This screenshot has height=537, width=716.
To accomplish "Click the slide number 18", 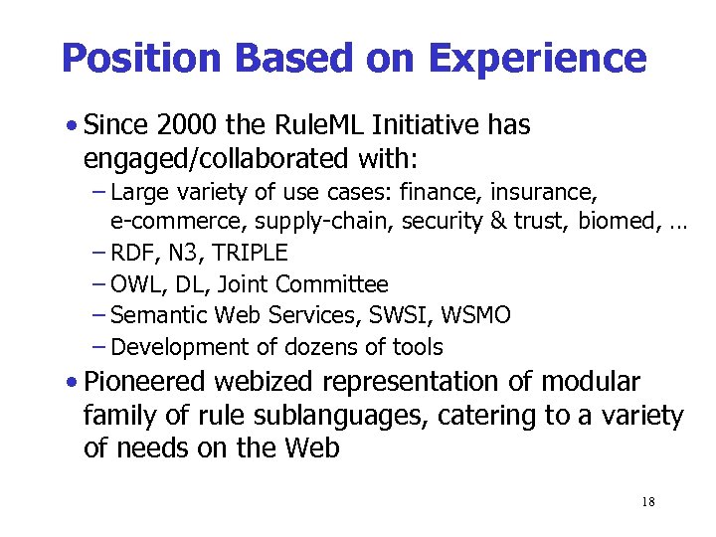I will tap(648, 502).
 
